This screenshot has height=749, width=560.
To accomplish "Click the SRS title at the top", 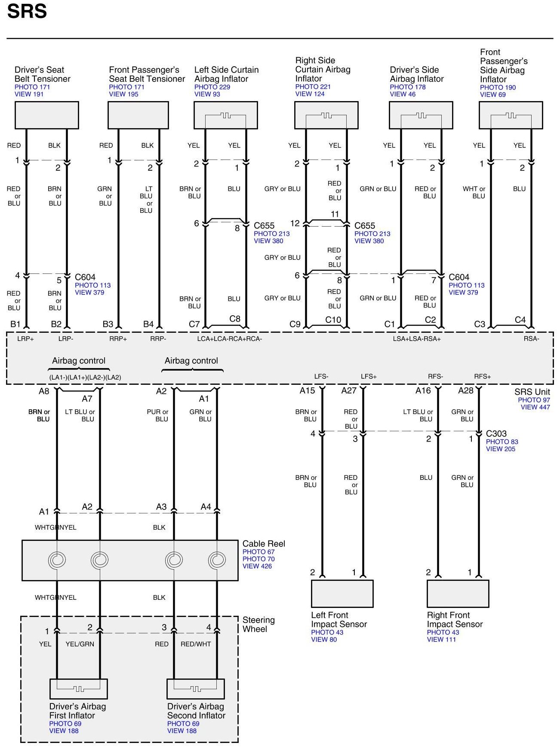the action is (27, 11).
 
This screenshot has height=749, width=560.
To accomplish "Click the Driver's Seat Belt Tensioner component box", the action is (46, 115).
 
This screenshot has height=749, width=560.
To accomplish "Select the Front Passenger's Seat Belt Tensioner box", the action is (138, 115).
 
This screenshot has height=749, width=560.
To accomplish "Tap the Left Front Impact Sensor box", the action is (342, 594).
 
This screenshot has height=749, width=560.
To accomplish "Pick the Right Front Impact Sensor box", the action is (458, 594).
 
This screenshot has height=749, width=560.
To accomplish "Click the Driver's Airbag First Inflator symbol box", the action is (78, 689).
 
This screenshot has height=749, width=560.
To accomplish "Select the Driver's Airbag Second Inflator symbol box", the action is (196, 689).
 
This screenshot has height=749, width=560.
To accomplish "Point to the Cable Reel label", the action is (264, 544).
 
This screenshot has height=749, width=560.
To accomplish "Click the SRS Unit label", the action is (532, 392).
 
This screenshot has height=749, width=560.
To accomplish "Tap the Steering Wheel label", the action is (258, 624).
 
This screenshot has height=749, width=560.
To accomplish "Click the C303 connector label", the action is (496, 434).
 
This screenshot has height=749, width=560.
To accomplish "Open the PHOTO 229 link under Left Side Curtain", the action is (212, 87).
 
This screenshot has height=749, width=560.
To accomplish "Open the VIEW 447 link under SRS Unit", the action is (535, 407).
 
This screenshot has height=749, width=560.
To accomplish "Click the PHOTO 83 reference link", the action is (502, 442).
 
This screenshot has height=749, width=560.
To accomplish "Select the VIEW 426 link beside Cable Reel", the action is (257, 566).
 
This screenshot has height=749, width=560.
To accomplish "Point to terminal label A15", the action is (307, 391).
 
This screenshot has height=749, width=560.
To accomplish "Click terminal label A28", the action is (465, 391).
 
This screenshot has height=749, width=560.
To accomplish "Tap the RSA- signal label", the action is (531, 339).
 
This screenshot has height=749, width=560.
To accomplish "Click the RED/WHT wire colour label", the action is (196, 644).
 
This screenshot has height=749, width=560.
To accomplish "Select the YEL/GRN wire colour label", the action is (80, 644).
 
